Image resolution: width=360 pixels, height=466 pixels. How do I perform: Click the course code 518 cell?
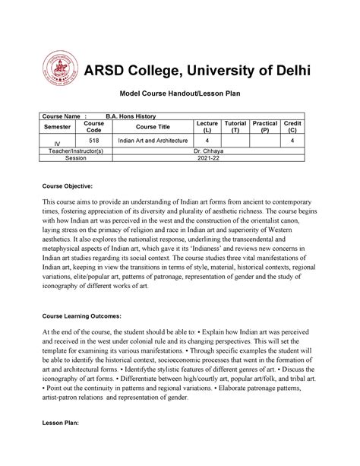[94, 141]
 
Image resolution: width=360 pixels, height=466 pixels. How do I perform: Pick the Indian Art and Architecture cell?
[150, 141]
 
